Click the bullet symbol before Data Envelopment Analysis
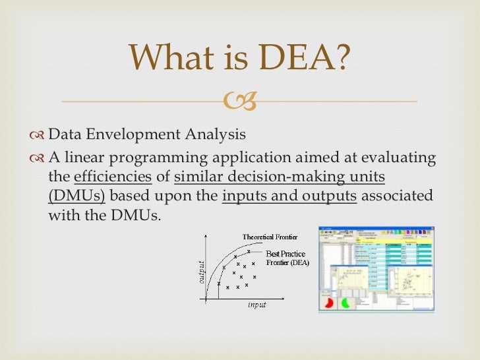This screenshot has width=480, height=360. tap(38, 136)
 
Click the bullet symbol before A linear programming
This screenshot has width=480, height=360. tap(38, 159)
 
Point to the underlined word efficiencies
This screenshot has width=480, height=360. tap(113, 177)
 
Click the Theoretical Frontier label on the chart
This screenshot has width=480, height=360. tap(270, 237)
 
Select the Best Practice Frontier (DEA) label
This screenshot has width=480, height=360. tap(287, 258)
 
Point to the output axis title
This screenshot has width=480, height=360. tap(201, 272)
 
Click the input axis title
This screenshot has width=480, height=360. tap(256, 305)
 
